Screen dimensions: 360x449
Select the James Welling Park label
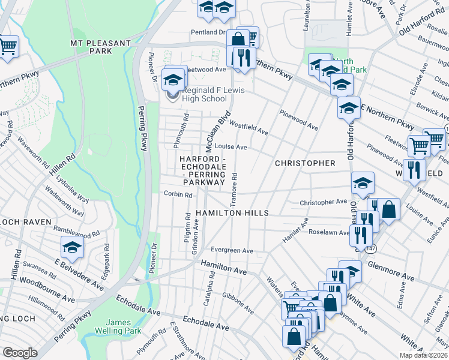coord(110,327)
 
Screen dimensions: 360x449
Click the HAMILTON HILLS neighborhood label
coord(232,213)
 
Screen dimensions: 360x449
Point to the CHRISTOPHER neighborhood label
coord(305,163)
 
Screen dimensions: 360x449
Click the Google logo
coord(20,353)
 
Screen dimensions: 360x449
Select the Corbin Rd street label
coord(178,194)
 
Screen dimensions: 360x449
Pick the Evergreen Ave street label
coord(232,250)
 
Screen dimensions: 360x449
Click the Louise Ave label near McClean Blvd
coord(231,146)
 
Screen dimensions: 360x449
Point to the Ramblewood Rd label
coord(76,232)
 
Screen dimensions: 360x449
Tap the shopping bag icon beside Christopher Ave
coord(389,210)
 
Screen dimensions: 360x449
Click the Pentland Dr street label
coord(208,32)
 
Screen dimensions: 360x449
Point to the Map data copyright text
coord(423,355)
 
